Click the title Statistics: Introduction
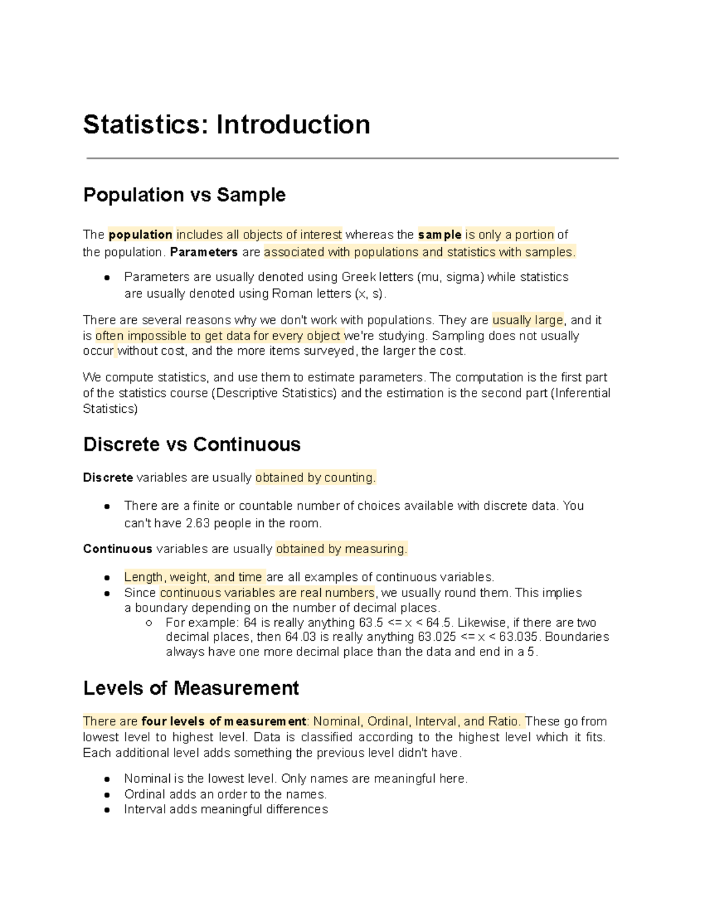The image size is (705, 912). coord(226,125)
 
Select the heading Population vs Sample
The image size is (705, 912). coord(184,195)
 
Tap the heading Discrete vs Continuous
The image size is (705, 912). coord(192,445)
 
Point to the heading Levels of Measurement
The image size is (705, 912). coord(191,688)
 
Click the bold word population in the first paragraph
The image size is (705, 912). coord(140,235)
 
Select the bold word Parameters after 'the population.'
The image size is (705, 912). coord(204,253)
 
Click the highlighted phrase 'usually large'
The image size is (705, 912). coord(528,320)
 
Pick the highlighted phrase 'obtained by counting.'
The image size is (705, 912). coord(315,478)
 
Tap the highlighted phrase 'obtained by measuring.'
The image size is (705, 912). coord(341,549)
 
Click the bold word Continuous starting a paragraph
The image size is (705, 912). coord(117,549)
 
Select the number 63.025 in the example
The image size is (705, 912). coord(437,637)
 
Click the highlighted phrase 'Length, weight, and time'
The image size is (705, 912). coord(194,577)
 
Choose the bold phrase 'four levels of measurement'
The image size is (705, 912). coord(224,722)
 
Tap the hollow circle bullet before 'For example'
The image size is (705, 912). coord(149,623)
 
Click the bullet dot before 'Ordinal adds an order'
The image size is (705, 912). coord(107,795)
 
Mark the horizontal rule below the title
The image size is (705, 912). coord(352,158)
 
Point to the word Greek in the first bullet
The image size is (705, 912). coord(358,277)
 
